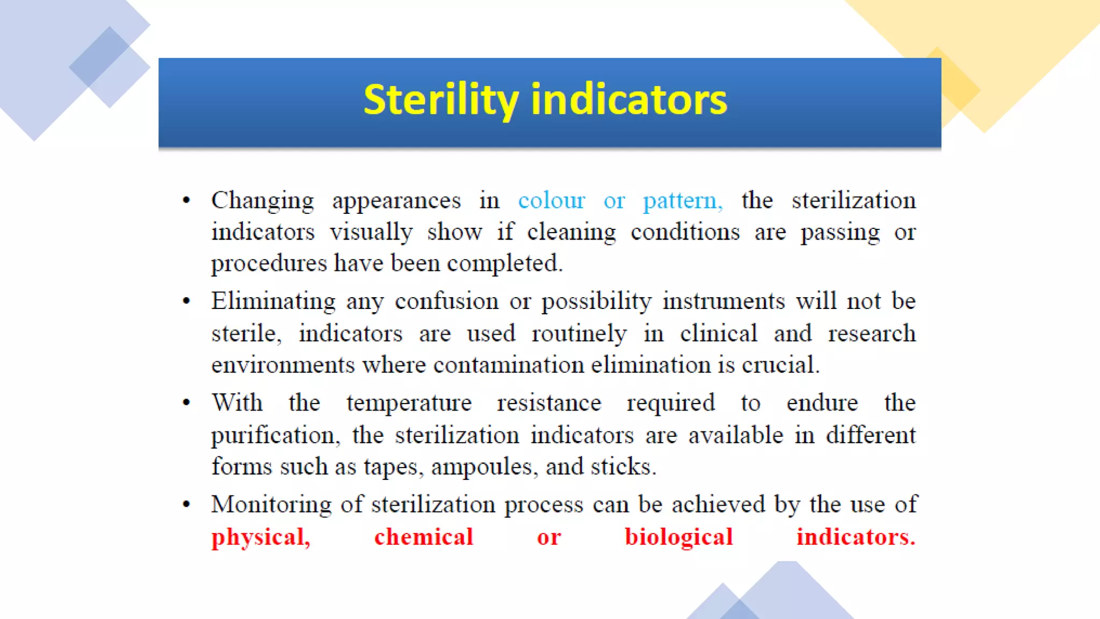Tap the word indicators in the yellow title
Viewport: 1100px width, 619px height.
pyautogui.click(x=629, y=100)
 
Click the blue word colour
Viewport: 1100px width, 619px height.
pyautogui.click(x=551, y=201)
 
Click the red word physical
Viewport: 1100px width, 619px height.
pyautogui.click(x=260, y=537)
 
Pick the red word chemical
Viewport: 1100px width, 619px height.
pyautogui.click(x=423, y=537)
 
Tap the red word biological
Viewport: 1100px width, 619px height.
pyautogui.click(x=678, y=537)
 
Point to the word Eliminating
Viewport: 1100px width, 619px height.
pyautogui.click(x=273, y=301)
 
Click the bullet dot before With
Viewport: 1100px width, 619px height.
pyautogui.click(x=186, y=402)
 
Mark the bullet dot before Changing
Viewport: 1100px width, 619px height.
pyautogui.click(x=186, y=200)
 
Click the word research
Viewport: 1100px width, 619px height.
pyautogui.click(x=871, y=334)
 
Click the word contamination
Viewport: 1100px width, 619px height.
pyautogui.click(x=508, y=365)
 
